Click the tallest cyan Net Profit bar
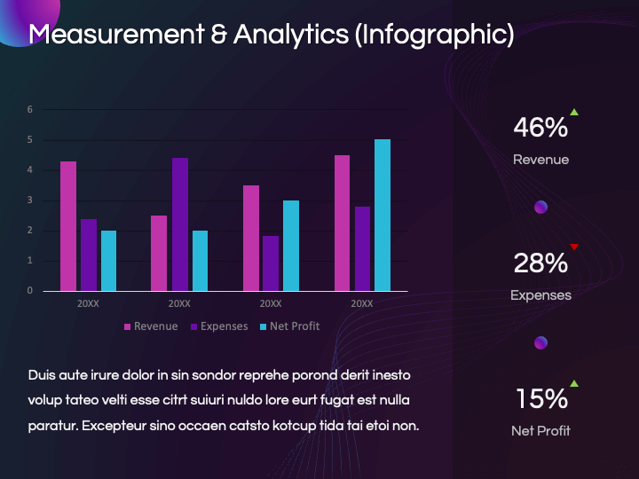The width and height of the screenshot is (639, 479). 383,215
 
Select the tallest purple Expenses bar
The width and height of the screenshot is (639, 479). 180,224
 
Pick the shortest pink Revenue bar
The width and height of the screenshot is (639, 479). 159,253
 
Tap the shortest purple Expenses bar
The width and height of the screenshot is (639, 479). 271,263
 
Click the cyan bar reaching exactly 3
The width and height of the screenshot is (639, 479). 291,246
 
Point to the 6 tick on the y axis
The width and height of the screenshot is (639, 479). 30,109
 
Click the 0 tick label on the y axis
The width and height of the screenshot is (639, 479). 30,290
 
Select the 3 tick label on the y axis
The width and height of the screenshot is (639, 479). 30,200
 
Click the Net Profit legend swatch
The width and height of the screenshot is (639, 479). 264,326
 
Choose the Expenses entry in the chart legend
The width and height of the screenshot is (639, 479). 219,326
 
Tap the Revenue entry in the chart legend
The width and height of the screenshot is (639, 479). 151,326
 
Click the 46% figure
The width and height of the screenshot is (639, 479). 540,127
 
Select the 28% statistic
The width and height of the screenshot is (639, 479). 540,263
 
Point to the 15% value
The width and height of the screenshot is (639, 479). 542,398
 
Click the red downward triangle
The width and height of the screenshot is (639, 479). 574,247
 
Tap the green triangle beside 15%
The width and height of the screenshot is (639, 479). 574,383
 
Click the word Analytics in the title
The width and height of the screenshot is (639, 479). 291,35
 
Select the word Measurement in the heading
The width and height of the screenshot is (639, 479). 116,34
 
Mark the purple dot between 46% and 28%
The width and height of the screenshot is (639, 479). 540,207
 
